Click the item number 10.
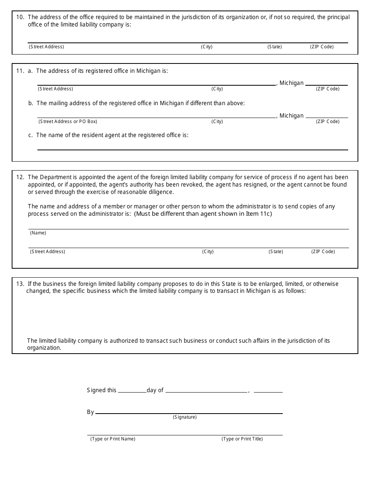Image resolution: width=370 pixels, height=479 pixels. (20, 17)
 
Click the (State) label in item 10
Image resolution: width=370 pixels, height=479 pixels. (275, 47)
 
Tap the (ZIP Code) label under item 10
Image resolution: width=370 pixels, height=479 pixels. (322, 47)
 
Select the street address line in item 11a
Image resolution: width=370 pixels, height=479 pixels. (156, 82)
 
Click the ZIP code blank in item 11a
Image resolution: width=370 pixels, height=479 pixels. (326, 82)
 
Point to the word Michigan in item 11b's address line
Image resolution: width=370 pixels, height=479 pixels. (291, 116)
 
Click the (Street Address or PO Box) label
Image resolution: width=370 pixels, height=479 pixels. (68, 122)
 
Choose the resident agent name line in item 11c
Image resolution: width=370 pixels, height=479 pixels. (192, 147)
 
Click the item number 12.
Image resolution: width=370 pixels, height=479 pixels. (20, 177)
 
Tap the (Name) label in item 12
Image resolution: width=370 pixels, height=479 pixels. (38, 233)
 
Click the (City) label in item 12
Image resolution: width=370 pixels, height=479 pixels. (208, 252)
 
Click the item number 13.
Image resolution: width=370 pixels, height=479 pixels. (20, 284)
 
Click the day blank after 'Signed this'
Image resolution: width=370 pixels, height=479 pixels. (132, 389)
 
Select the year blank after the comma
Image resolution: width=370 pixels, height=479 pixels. (268, 389)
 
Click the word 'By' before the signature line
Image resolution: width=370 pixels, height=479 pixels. (90, 412)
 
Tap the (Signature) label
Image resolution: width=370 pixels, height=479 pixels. (185, 417)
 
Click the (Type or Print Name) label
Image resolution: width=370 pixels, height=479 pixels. (113, 439)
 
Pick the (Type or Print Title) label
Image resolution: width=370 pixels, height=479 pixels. (242, 439)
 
